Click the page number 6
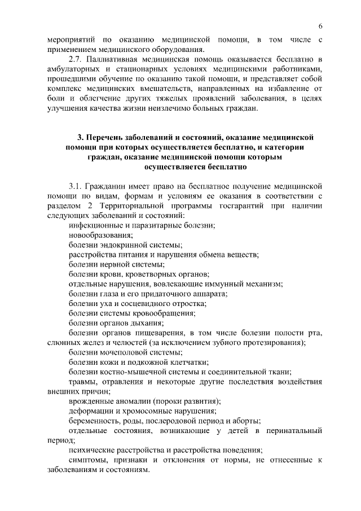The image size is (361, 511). (320, 27)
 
